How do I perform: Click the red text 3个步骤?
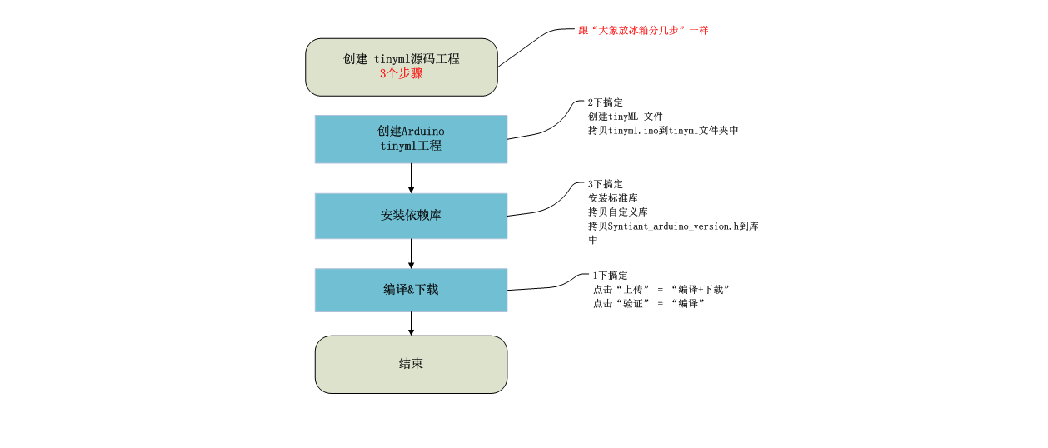point(402,73)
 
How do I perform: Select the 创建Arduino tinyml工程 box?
point(411,139)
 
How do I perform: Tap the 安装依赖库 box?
point(411,216)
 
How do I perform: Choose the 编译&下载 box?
point(411,290)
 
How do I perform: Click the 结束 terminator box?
point(411,364)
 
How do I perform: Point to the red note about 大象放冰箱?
point(643,30)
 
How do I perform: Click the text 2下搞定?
point(605,102)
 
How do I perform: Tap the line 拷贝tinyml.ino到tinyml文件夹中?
point(663,131)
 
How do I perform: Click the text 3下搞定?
point(605,184)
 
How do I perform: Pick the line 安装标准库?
point(613,198)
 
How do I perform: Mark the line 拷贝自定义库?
point(618,212)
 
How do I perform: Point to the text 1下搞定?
point(610,276)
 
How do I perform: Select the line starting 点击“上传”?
point(661,290)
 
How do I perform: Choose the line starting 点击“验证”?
point(649,304)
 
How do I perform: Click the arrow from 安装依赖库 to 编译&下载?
point(411,253)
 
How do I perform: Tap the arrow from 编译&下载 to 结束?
point(411,324)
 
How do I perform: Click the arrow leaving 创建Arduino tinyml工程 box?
point(411,178)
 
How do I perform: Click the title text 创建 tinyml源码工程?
point(402,59)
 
